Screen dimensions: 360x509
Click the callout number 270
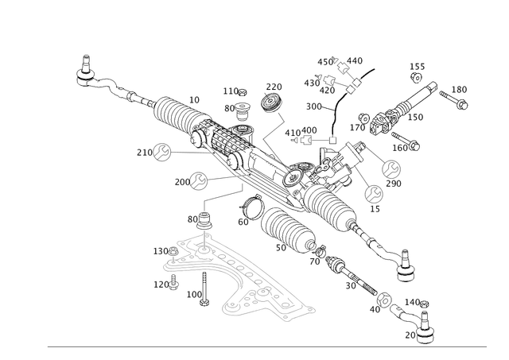coord(274,85)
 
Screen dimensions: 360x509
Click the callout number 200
coord(178,182)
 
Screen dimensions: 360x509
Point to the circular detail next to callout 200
coord(198,180)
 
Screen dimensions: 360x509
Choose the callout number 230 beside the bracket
coord(161,251)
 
